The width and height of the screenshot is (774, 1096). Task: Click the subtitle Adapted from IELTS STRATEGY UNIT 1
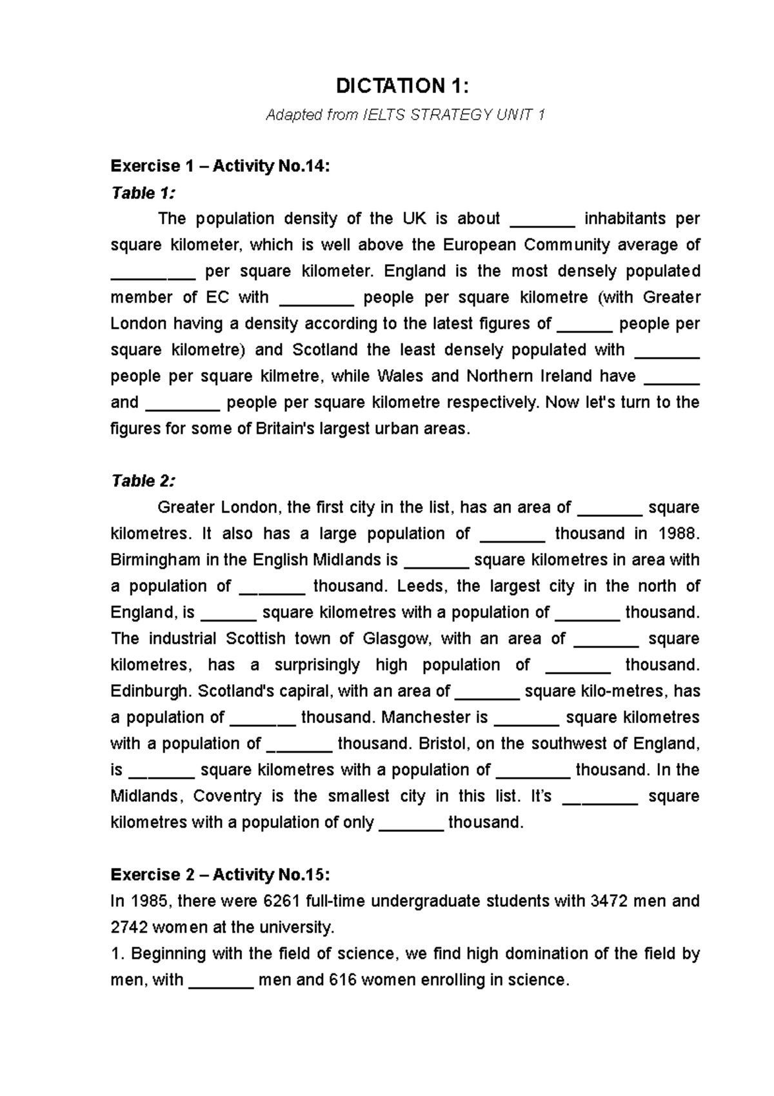pyautogui.click(x=405, y=116)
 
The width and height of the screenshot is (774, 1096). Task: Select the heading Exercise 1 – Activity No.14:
pyautogui.click(x=220, y=167)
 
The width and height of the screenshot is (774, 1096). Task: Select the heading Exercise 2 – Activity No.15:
pyautogui.click(x=220, y=875)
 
